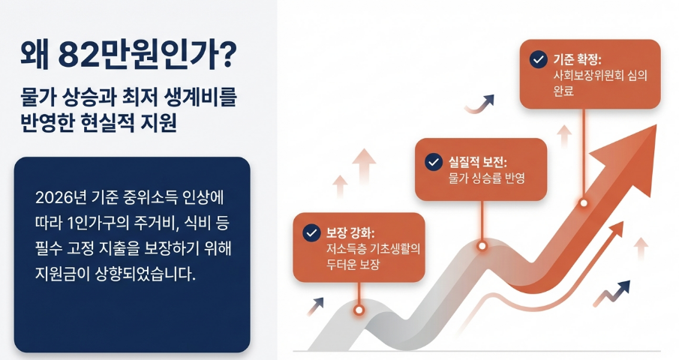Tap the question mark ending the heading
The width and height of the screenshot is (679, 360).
[x=227, y=55]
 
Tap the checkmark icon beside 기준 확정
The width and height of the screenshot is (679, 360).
[x=538, y=59]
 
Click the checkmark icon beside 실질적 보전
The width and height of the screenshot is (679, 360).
[x=434, y=162]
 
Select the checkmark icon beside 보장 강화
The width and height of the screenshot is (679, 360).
[x=311, y=232]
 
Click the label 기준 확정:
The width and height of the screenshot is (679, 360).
[x=578, y=59]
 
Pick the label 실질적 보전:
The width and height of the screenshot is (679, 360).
[x=478, y=162]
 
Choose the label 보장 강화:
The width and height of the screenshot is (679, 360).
[x=350, y=233]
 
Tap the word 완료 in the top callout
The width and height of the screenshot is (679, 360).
[x=563, y=91]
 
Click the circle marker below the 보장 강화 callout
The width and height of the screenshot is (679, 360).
[x=359, y=310]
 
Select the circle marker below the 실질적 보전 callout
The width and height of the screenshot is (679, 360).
[x=482, y=246]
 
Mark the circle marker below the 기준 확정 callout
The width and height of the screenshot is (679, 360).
[x=584, y=203]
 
